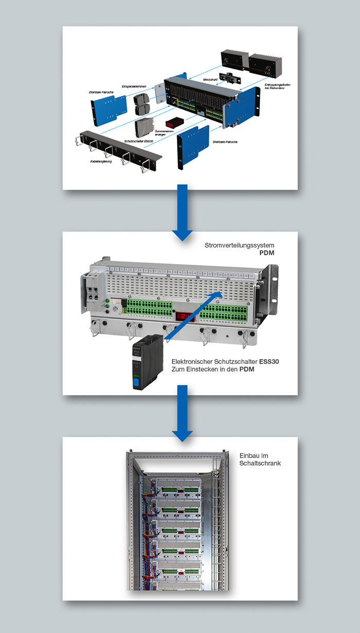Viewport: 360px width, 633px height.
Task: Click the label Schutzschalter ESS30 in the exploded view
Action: pyautogui.click(x=138, y=140)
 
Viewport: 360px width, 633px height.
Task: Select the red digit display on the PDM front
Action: pyautogui.click(x=186, y=316)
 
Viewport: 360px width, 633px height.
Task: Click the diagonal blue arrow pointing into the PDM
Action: pyautogui.click(x=193, y=315)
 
